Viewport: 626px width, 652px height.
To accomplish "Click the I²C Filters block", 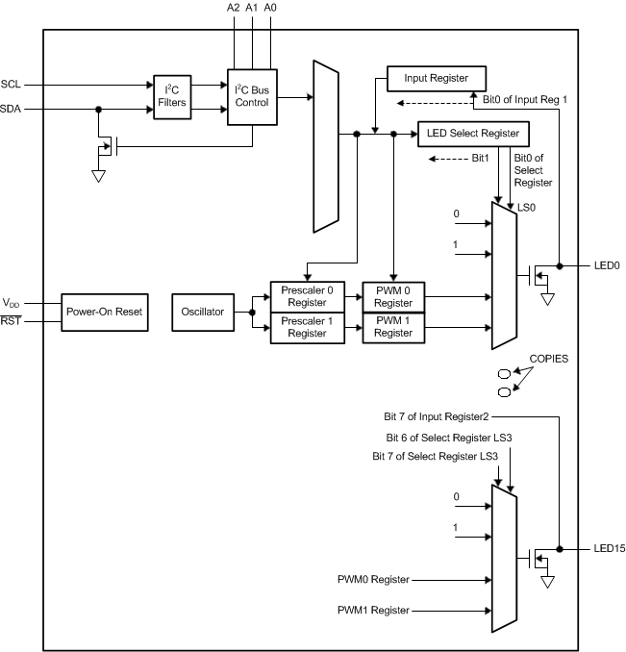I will point(173,96).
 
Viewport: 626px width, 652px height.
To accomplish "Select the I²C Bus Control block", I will point(252,96).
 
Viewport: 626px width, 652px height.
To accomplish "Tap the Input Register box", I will point(437,79).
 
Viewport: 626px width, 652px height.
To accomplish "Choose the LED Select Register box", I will point(473,133).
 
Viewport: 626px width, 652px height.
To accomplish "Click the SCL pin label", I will point(13,85).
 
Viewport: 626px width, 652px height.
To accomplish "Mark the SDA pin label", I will point(13,109).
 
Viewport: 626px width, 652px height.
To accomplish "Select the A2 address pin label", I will point(234,8).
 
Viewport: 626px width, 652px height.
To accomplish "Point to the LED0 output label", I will point(606,264).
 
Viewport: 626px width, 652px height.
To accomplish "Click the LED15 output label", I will point(609,548).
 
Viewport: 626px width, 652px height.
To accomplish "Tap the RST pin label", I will point(12,321).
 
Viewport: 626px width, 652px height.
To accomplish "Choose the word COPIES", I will point(548,358).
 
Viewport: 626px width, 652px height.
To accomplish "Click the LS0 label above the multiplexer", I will point(526,206).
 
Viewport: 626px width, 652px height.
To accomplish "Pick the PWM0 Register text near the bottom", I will point(373,579).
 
